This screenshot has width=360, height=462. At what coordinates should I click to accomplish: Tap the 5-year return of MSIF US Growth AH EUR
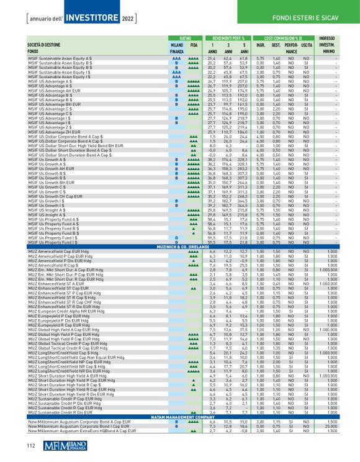point(240,168)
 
